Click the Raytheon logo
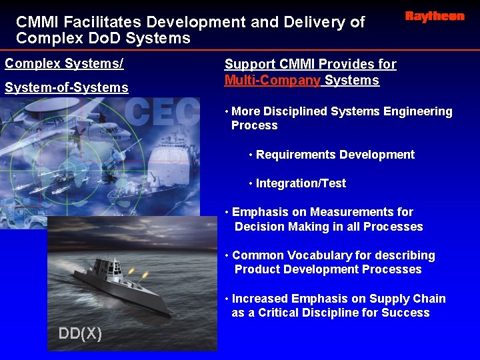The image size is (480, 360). click(x=434, y=17)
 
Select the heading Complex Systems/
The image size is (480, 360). click(x=64, y=64)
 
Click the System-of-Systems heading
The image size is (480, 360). click(x=66, y=87)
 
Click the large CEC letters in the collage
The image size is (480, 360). click(x=161, y=113)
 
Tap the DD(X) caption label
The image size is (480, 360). click(x=80, y=333)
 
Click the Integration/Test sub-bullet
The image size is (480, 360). click(x=301, y=183)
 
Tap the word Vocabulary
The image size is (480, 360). click(x=312, y=255)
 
